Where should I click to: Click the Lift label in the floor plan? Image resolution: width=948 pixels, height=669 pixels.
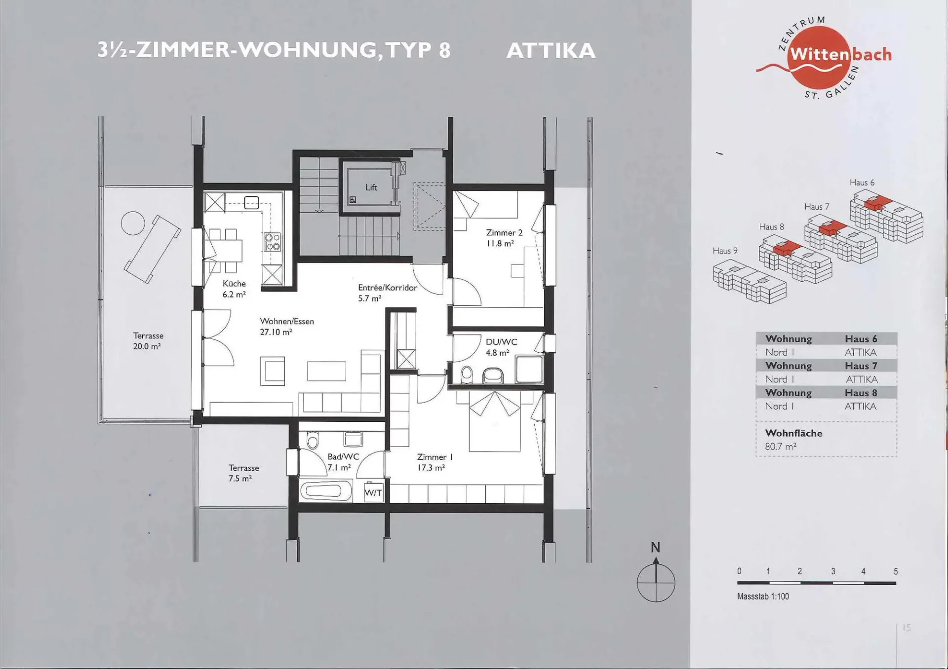tap(371, 187)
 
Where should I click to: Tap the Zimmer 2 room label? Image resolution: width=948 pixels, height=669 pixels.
tap(504, 232)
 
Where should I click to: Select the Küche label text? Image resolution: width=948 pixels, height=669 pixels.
tap(234, 284)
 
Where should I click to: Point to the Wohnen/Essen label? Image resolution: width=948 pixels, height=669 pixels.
tap(287, 321)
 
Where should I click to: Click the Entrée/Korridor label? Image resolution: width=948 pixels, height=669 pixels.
tap(388, 288)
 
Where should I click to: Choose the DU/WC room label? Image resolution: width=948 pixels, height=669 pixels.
tap(501, 342)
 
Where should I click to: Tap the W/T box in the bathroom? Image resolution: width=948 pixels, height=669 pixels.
tap(373, 492)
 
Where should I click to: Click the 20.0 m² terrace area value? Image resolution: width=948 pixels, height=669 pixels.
tap(147, 346)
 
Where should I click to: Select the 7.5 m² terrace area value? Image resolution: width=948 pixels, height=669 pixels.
tap(240, 479)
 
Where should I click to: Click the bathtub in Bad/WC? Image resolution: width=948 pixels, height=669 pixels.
tap(326, 491)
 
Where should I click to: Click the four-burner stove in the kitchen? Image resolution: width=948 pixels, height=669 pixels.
tap(272, 242)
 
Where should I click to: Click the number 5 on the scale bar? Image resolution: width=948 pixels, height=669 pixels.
tap(896, 571)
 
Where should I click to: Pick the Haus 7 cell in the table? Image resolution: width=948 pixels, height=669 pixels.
tap(861, 366)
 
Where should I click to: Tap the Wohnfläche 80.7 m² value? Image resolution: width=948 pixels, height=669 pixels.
tap(781, 446)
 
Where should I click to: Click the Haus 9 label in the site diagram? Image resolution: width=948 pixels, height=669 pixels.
tap(725, 251)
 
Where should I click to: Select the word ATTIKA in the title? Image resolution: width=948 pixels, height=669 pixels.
tap(551, 51)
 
